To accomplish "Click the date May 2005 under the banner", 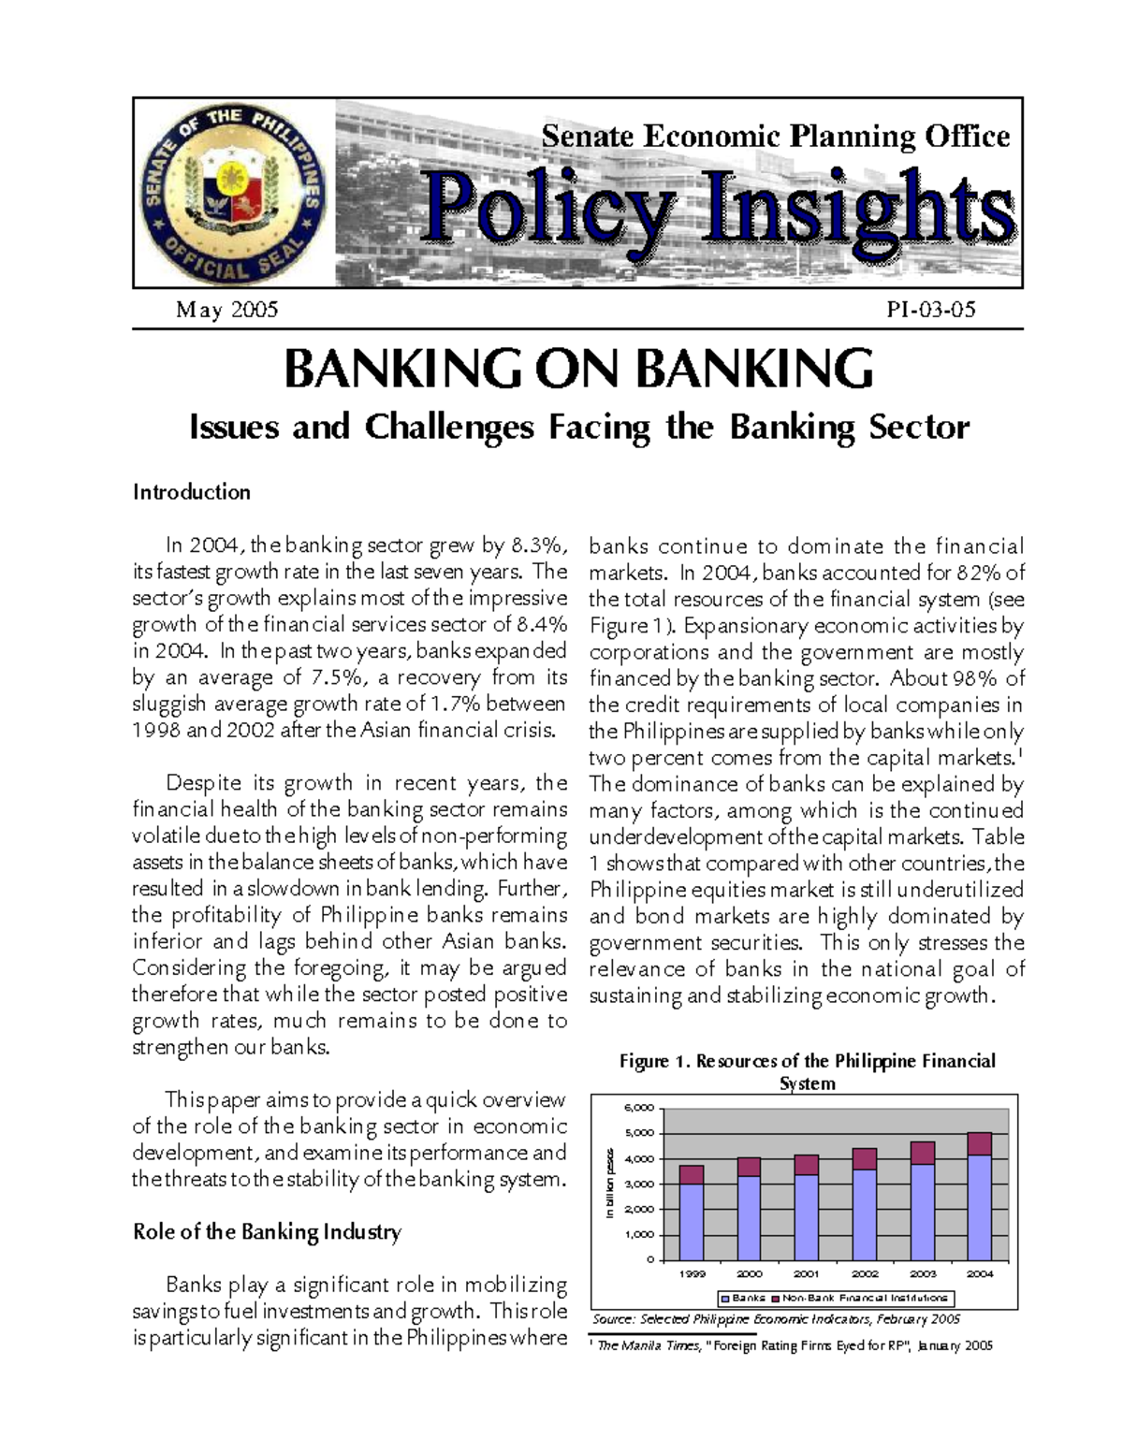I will [x=226, y=310].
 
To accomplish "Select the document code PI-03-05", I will [x=930, y=310].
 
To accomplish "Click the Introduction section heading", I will [x=192, y=492].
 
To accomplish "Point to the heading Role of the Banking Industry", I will [x=267, y=1231].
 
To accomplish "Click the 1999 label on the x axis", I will [x=692, y=1273].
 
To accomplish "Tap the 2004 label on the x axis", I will [x=979, y=1273].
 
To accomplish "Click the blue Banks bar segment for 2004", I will [x=979, y=1207].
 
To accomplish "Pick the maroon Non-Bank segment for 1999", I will [x=692, y=1175].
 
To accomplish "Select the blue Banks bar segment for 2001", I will [x=806, y=1216].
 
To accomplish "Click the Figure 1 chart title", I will [x=807, y=1071].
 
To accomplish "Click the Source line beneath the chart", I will [x=777, y=1319].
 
